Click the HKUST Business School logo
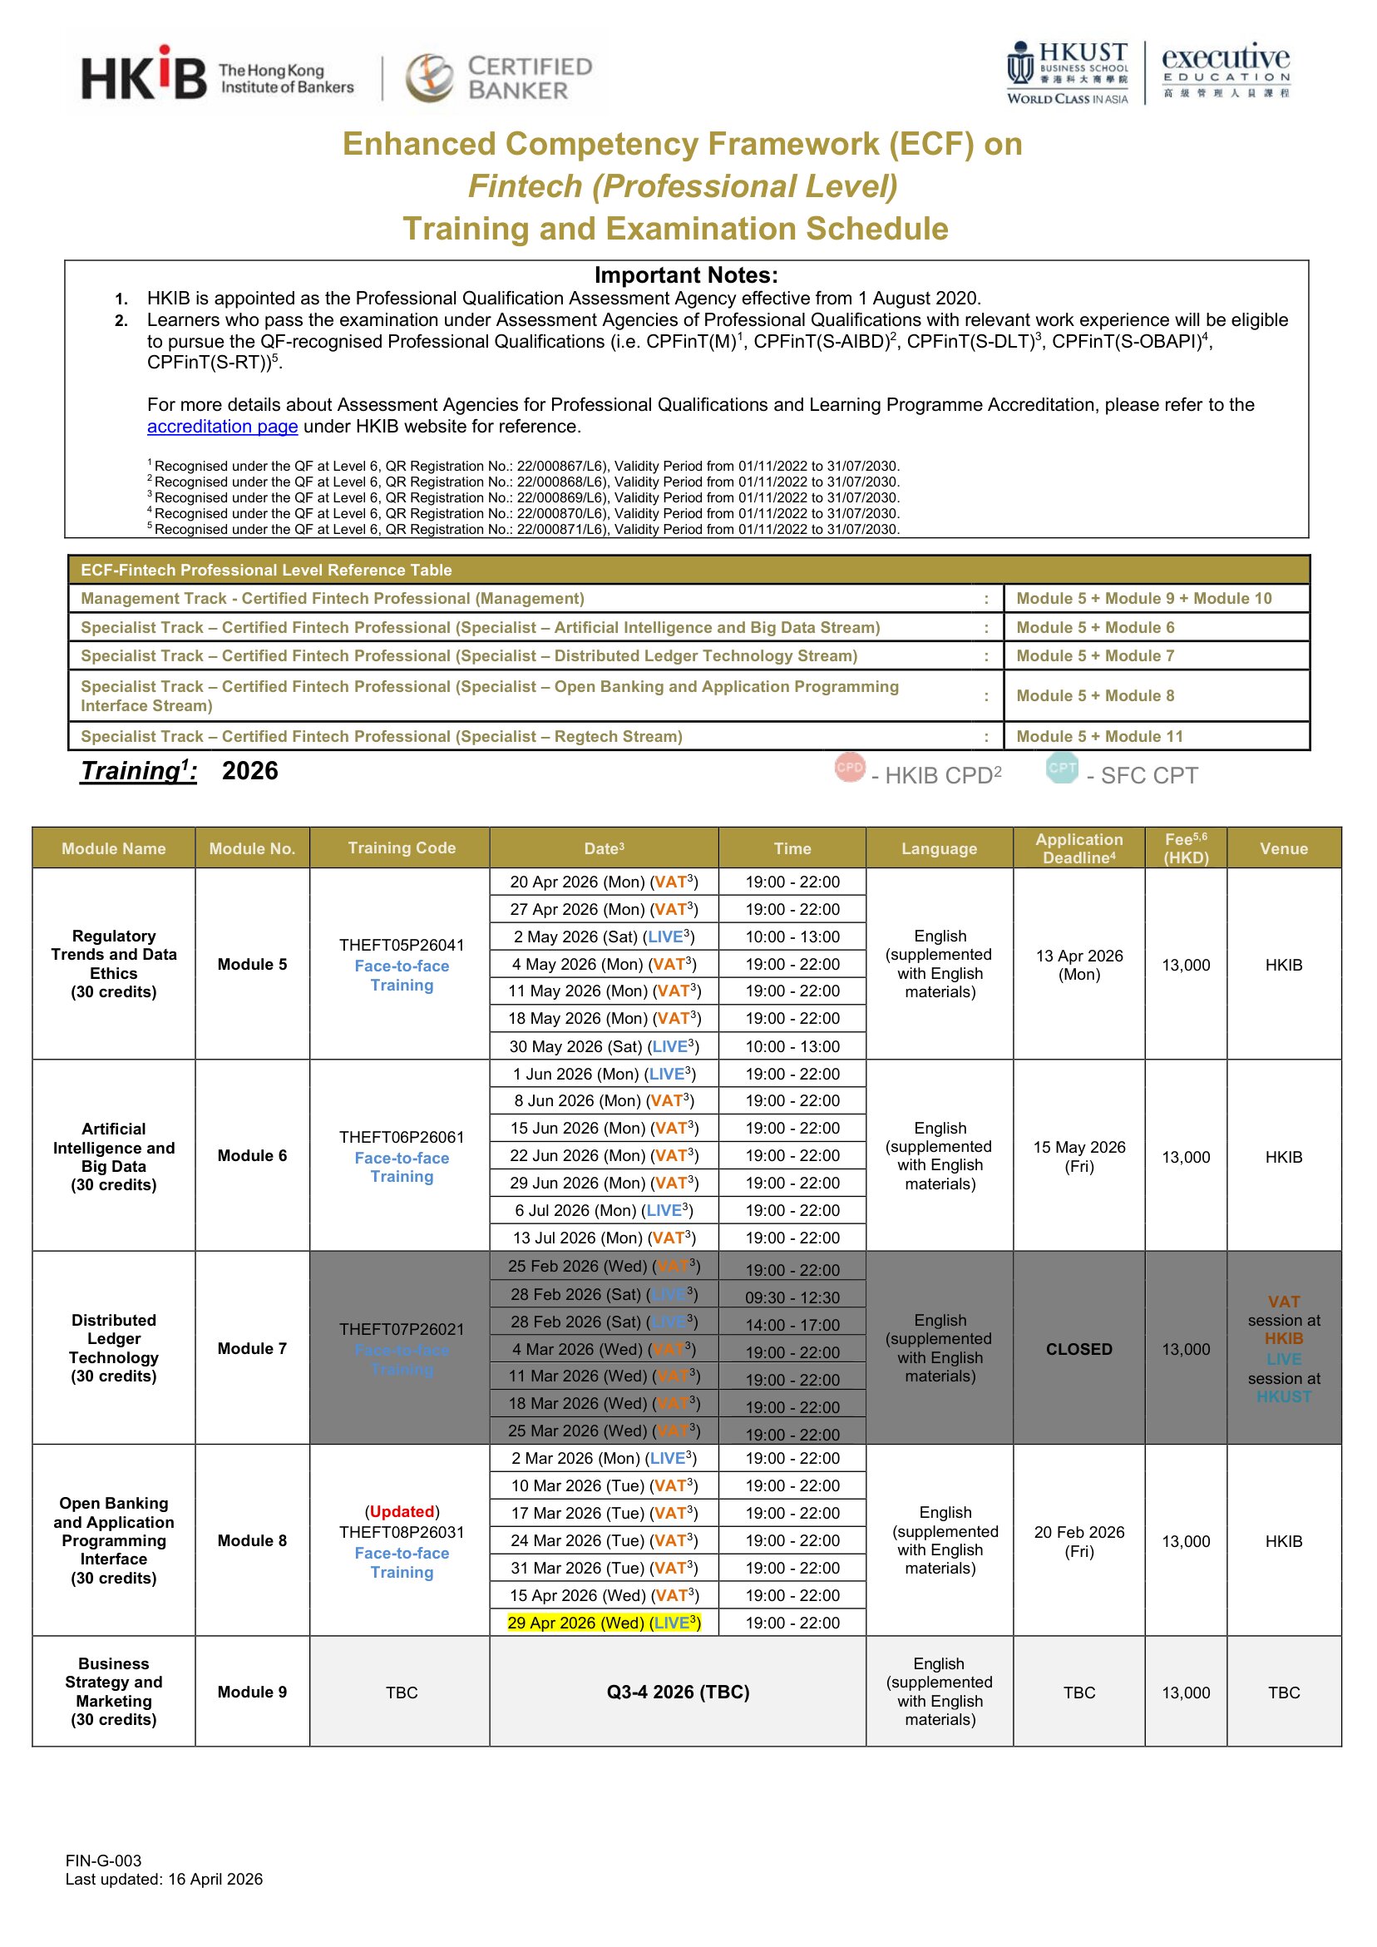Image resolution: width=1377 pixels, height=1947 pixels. click(1068, 74)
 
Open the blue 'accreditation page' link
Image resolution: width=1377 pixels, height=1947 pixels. click(222, 427)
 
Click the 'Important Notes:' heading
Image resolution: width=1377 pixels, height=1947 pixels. click(685, 275)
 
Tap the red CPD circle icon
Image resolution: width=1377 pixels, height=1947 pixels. click(849, 768)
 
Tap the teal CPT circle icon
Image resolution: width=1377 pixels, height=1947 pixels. click(1062, 768)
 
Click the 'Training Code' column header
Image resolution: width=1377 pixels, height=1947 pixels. click(401, 848)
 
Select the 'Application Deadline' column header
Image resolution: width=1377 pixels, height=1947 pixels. click(1078, 848)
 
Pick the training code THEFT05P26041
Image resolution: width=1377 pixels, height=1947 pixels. click(401, 945)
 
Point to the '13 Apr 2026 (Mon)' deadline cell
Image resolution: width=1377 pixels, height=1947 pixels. click(1078, 965)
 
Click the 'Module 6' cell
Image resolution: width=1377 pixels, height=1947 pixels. click(252, 1156)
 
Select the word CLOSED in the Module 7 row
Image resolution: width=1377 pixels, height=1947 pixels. click(1078, 1349)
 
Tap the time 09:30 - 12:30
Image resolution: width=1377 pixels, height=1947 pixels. click(792, 1298)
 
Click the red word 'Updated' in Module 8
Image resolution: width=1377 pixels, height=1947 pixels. click(402, 1512)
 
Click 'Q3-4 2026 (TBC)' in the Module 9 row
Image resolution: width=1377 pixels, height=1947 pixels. click(678, 1693)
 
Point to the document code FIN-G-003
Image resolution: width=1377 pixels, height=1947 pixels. click(103, 1861)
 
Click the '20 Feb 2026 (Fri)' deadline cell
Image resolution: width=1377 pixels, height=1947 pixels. click(1078, 1542)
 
